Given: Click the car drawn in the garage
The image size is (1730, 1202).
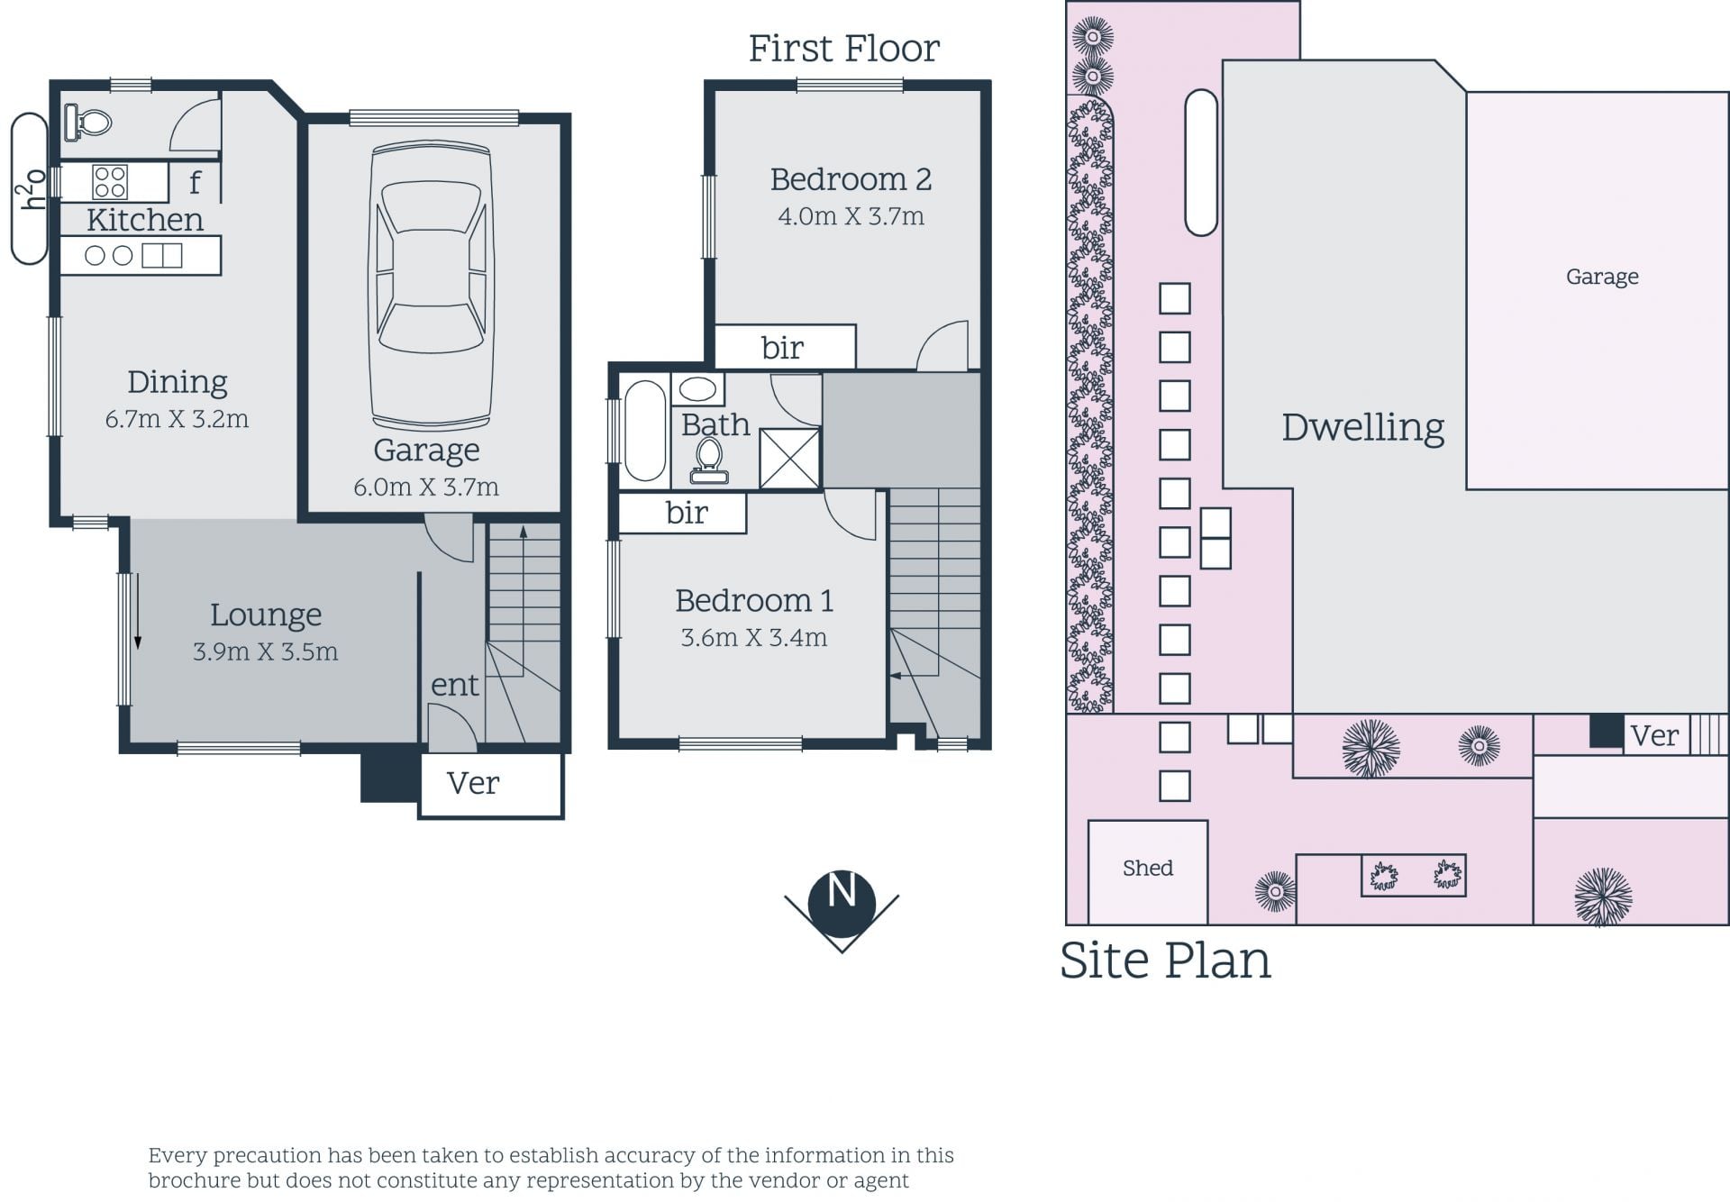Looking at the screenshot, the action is coord(431,287).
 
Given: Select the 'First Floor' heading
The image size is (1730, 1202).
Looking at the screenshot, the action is coord(844,49).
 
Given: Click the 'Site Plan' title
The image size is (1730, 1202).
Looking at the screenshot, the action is coord(1165,961).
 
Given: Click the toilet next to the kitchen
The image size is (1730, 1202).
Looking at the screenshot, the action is coord(87,122).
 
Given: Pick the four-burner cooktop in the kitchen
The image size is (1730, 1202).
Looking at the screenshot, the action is coord(110,182).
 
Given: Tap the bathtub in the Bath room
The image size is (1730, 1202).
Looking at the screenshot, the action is coord(644,431).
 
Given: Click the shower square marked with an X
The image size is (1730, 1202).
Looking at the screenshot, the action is coord(789,459).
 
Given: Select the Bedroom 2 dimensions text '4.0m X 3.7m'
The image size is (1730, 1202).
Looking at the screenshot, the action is coord(851,216).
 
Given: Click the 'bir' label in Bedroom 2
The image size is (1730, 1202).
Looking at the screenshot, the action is coord(782,348).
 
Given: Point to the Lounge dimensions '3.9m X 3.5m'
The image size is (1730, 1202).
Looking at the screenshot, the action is coord(266,651).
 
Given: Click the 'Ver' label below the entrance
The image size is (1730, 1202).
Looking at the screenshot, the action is coord(473,783).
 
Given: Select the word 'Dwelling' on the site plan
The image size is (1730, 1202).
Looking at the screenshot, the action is coord(1362,428).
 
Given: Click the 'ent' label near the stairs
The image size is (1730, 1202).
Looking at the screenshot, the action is coord(455,686).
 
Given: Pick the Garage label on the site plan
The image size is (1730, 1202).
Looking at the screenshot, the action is coord(1602,278).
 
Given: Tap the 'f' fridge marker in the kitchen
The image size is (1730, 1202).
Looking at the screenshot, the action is coord(195,183).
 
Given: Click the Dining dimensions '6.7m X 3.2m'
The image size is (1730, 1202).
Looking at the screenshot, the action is coord(177,419).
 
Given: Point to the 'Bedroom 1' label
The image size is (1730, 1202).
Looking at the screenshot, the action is coord(754,601).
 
